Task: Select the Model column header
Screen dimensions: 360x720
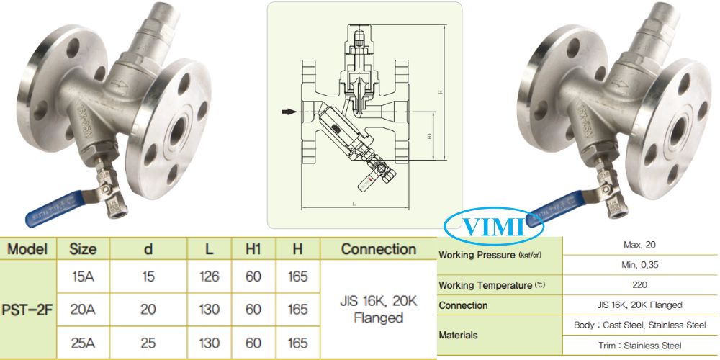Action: click(27, 249)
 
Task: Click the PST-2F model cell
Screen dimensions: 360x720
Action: click(27, 310)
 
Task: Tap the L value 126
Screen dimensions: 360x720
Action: click(208, 277)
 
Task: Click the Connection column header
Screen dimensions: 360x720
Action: click(379, 249)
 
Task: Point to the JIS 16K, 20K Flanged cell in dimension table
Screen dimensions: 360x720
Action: click(379, 310)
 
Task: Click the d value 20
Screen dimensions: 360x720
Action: click(148, 310)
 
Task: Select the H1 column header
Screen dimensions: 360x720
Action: click(253, 249)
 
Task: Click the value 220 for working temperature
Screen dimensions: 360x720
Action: click(640, 284)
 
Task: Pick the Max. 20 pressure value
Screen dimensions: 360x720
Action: click(640, 245)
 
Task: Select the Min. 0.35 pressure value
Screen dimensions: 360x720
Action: click(640, 264)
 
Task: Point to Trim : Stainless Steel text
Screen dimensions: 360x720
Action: click(640, 346)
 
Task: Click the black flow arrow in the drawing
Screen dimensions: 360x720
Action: click(289, 112)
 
